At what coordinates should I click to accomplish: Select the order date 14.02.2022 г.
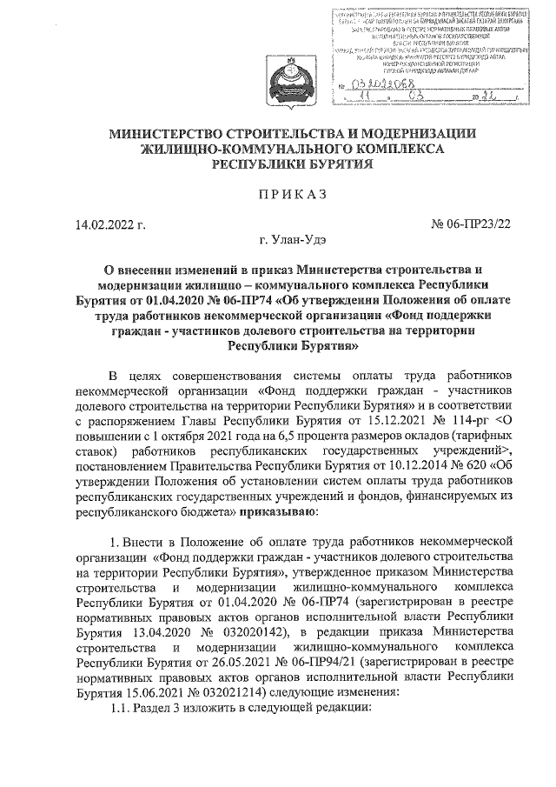pos(109,226)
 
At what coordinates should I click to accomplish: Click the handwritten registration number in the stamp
pos(374,84)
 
